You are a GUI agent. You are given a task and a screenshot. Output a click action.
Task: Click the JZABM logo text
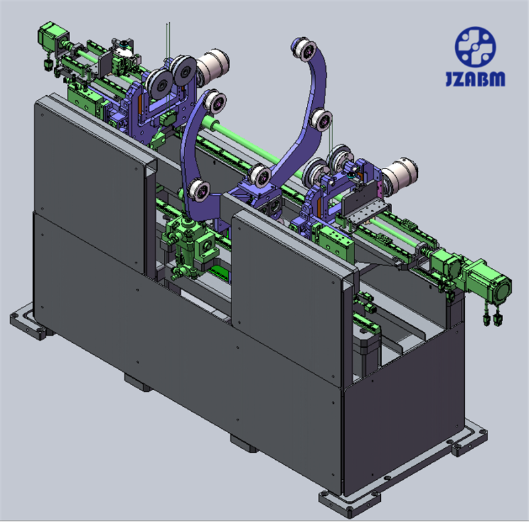click(475, 79)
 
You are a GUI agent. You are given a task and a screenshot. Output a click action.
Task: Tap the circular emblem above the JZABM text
click(475, 47)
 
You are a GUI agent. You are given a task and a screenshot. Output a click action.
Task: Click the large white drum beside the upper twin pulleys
click(212, 64)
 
